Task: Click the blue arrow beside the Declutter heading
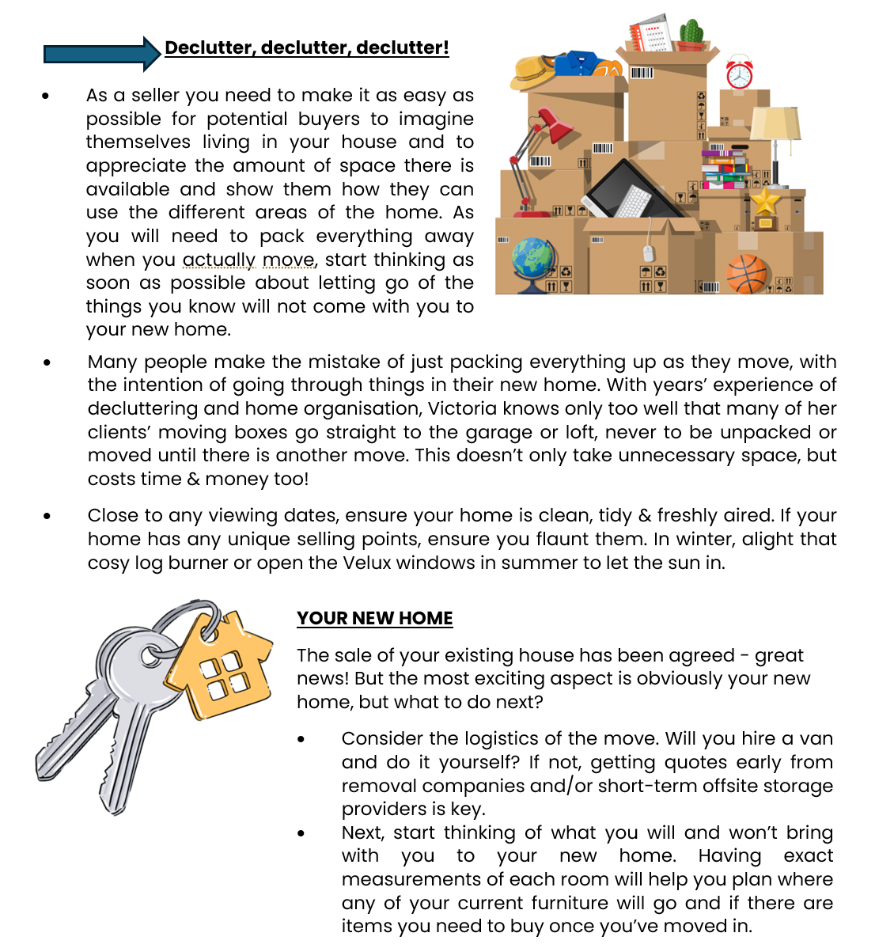click(101, 54)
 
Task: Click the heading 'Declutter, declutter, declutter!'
click(306, 47)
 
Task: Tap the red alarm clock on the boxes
click(739, 74)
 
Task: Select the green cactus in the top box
click(691, 33)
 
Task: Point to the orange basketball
click(747, 274)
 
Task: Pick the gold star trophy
click(764, 203)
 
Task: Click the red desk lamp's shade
click(553, 126)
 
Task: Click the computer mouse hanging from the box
click(649, 253)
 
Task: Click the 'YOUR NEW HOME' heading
click(374, 618)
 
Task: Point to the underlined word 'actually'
click(218, 260)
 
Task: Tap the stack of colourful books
click(725, 169)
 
